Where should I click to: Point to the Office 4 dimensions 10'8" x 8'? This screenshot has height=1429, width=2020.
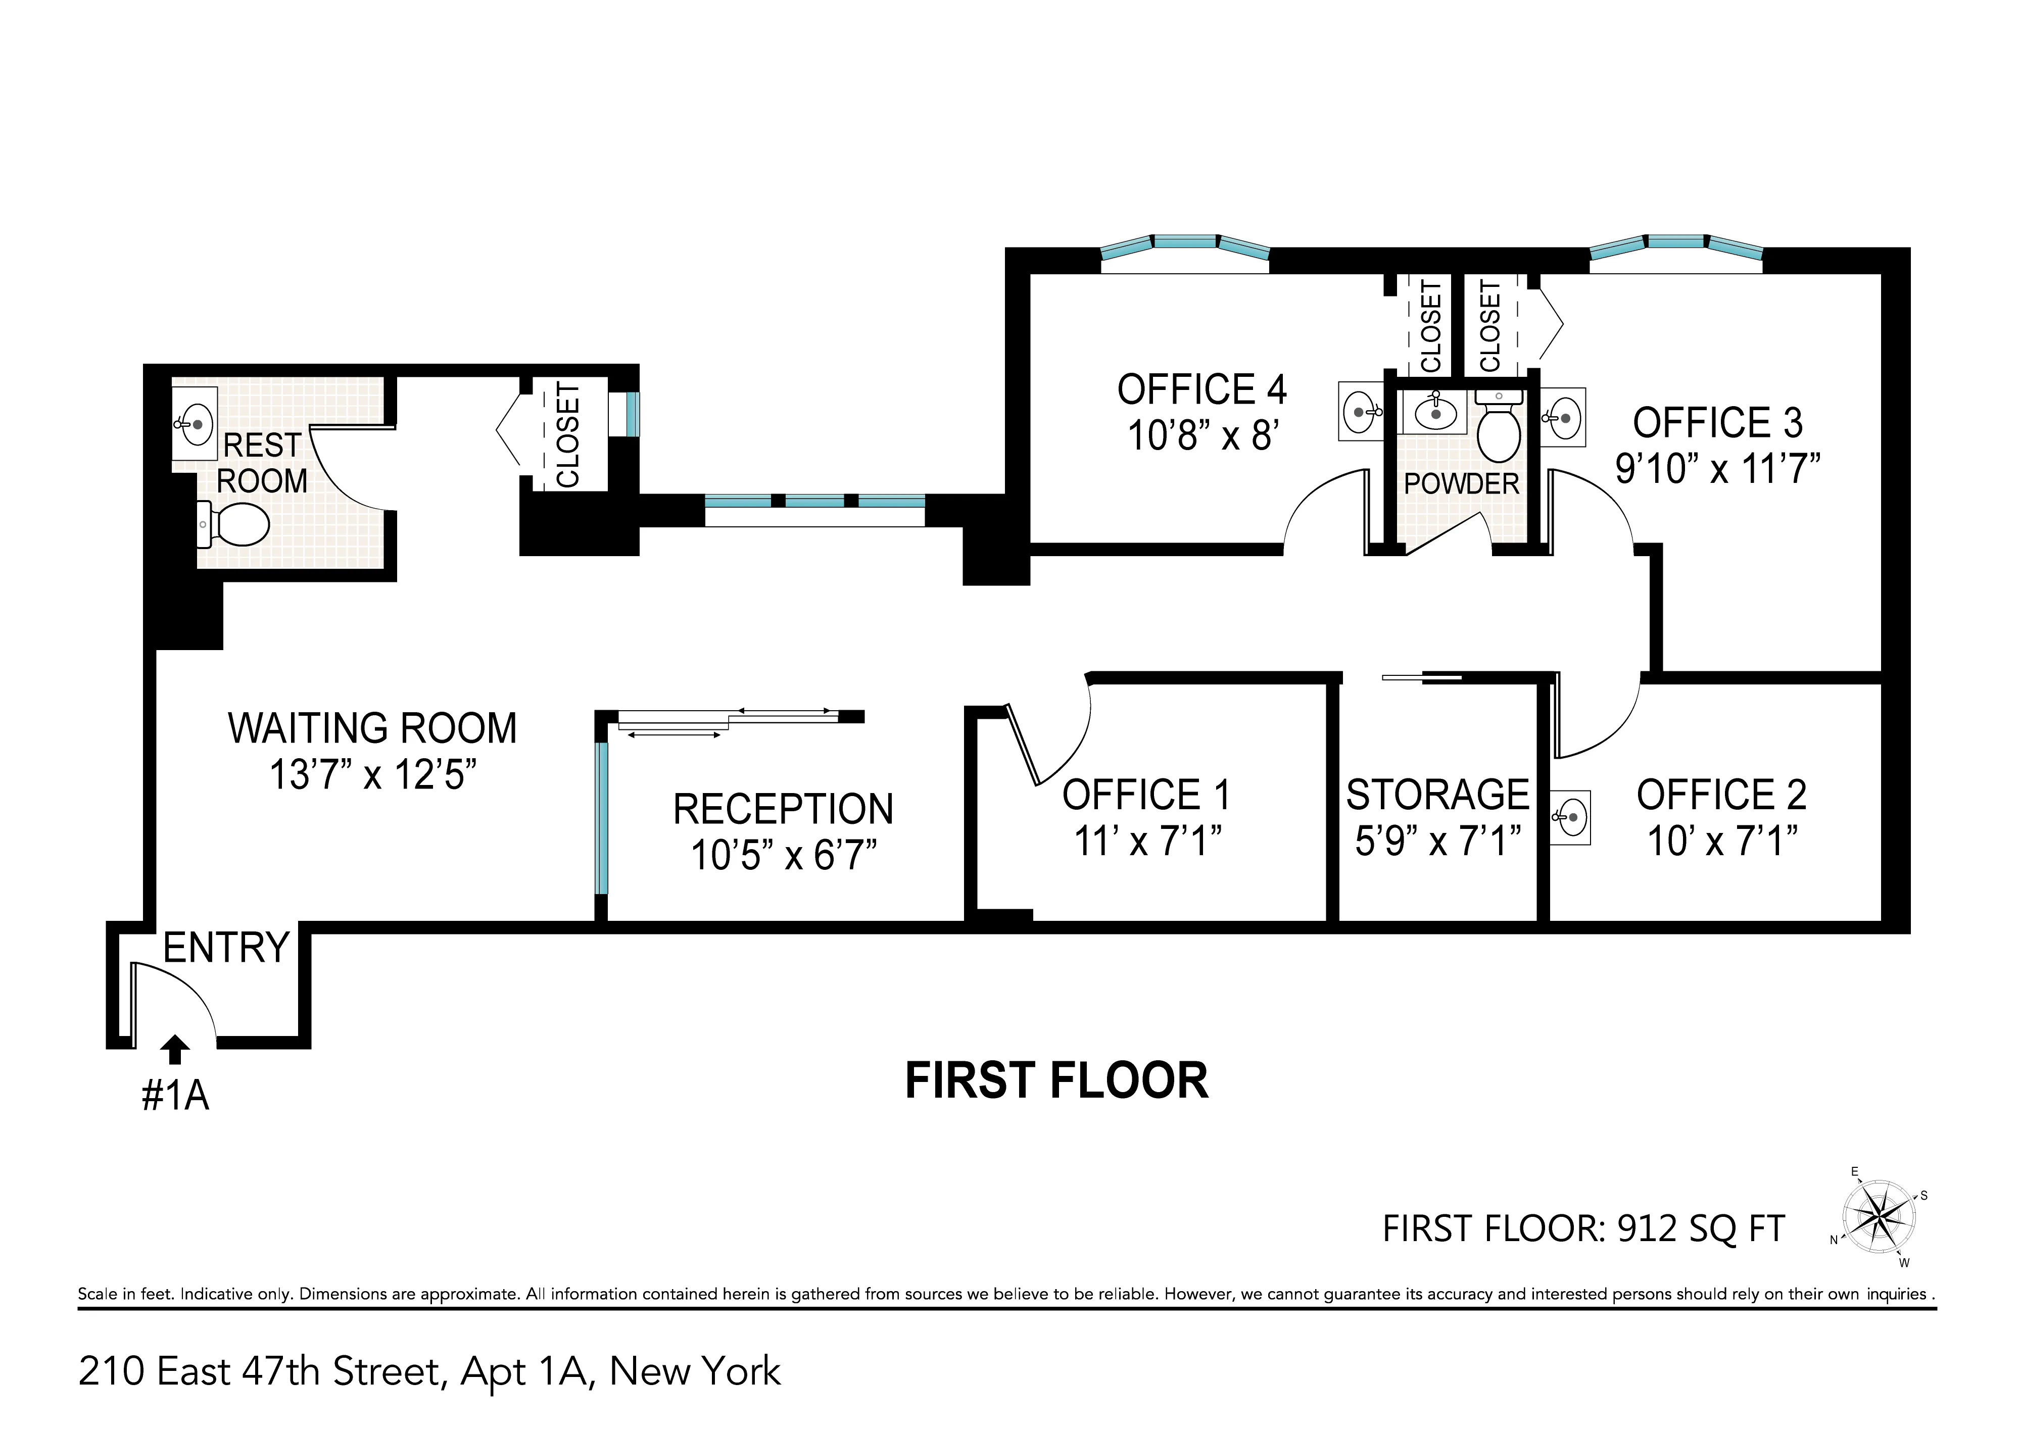pyautogui.click(x=1203, y=435)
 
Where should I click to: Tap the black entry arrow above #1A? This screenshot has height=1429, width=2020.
pyautogui.click(x=176, y=1049)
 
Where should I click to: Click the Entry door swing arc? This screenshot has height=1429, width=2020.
pyautogui.click(x=180, y=993)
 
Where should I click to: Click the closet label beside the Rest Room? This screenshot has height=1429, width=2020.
pyautogui.click(x=568, y=435)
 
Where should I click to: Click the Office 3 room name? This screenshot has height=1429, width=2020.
pyautogui.click(x=1717, y=423)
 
